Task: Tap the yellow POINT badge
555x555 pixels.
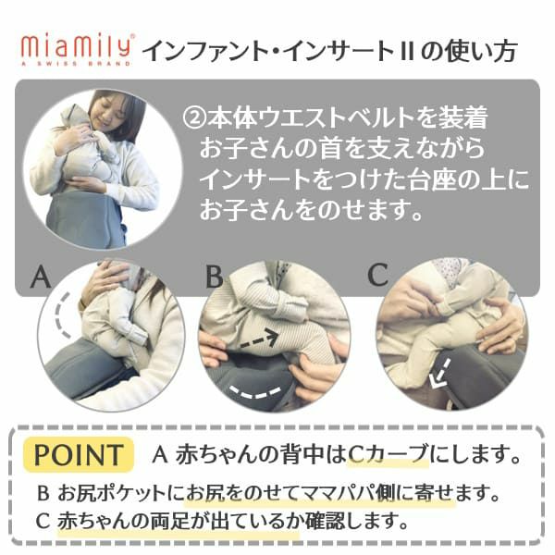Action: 79,454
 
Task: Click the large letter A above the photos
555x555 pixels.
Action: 39,277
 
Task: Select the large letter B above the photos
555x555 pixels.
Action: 215,277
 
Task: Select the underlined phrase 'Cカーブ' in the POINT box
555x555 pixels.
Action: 388,454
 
